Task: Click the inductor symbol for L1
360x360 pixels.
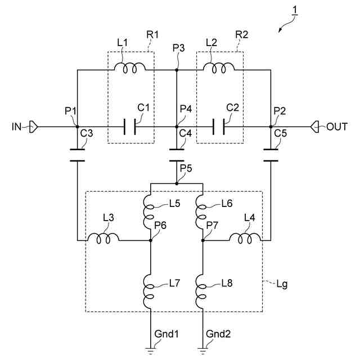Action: click(130, 67)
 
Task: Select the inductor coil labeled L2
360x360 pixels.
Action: click(219, 67)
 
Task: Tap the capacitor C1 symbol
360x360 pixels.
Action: click(130, 127)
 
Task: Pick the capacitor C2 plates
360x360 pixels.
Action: click(219, 127)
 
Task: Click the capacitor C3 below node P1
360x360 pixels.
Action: click(78, 155)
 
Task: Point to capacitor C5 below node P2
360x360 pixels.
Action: click(271, 155)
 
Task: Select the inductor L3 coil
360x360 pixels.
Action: click(103, 238)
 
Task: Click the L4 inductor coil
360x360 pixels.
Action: click(245, 238)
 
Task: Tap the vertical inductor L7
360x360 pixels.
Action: click(148, 291)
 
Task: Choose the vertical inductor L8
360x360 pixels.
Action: click(201, 291)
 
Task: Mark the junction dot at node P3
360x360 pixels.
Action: click(177, 70)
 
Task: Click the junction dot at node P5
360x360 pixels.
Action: click(177, 183)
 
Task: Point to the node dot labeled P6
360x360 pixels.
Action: click(151, 240)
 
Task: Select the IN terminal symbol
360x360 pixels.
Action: click(34, 127)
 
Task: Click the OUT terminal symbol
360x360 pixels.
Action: click(314, 127)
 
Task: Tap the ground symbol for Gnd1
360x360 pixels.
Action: click(151, 351)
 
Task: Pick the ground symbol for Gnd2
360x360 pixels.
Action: click(202, 351)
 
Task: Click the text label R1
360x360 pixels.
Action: click(152, 35)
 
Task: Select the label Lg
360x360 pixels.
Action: click(282, 285)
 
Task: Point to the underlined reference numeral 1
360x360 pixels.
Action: click(295, 11)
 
